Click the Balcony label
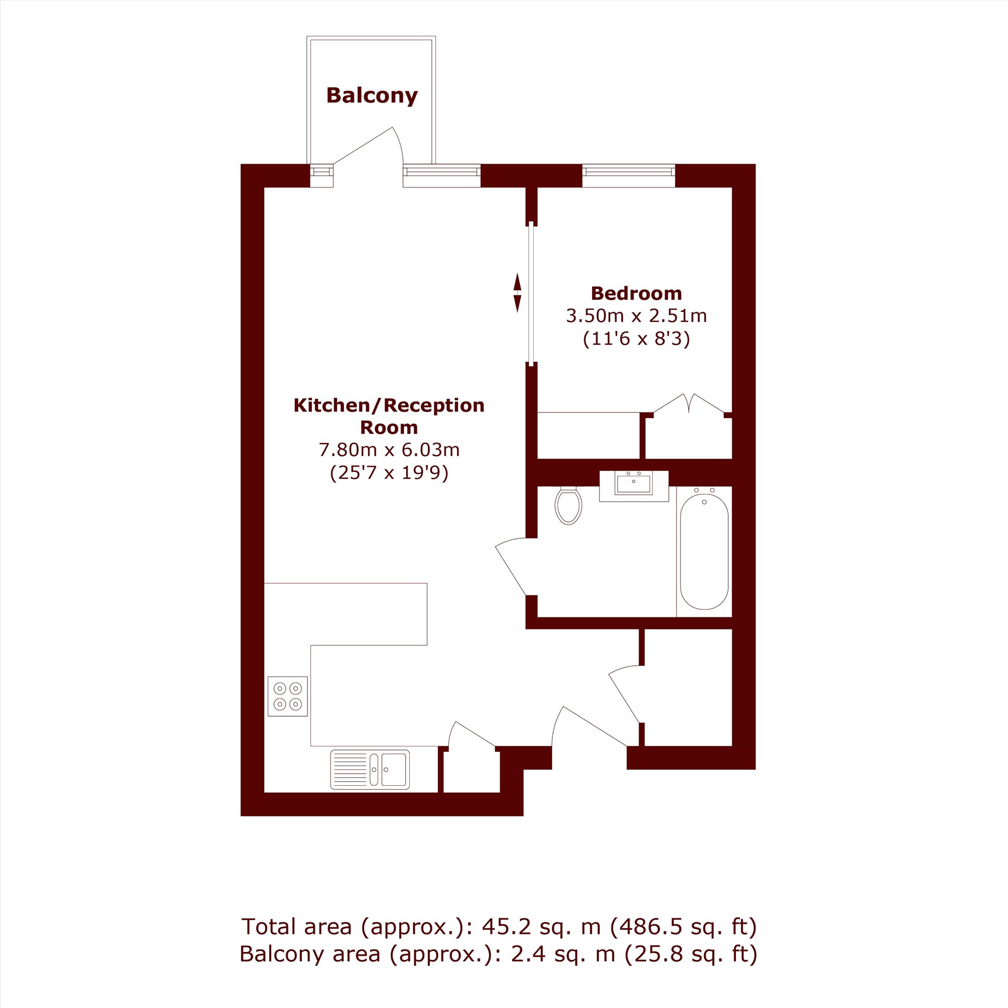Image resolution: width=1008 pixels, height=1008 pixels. tap(372, 96)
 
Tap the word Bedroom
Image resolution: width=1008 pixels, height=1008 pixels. tap(636, 294)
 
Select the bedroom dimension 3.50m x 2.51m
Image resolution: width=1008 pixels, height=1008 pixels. tap(636, 316)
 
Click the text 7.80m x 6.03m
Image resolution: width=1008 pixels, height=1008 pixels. tap(389, 450)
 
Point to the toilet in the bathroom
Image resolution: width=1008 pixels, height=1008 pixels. tap(568, 505)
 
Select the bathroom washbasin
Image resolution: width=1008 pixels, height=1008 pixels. tap(634, 486)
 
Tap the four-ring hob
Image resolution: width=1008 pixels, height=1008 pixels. tap(288, 696)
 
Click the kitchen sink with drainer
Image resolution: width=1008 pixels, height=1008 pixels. tap(370, 770)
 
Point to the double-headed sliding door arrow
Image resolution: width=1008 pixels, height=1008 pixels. tap(518, 293)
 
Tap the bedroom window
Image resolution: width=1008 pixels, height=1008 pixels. tap(628, 176)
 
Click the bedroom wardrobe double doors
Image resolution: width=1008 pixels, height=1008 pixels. tap(688, 404)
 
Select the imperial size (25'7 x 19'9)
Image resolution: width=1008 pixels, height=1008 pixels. tap(389, 473)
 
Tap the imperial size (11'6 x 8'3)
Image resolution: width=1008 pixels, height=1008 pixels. tap(636, 339)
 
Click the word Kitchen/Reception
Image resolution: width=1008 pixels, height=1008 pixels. tap(389, 405)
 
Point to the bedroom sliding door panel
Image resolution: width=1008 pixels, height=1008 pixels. tap(531, 293)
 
